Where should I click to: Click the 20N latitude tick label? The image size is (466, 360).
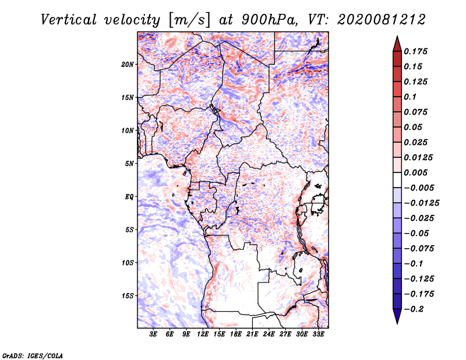(x=128, y=64)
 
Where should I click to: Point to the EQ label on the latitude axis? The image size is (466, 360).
(x=129, y=196)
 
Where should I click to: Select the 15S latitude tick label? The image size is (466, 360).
(x=128, y=295)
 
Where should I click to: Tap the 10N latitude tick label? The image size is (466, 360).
(x=128, y=130)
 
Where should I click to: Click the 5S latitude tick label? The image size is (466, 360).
(x=129, y=230)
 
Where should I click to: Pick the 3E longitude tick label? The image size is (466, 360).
(x=153, y=334)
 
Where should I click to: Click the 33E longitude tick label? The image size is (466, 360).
(x=317, y=334)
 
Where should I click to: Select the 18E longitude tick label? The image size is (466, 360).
(x=235, y=334)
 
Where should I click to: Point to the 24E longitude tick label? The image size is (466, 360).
(x=268, y=334)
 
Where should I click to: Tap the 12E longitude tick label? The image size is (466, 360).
(x=203, y=334)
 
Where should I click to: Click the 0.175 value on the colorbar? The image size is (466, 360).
(x=417, y=51)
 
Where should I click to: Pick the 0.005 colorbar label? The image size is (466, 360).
(x=417, y=173)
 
